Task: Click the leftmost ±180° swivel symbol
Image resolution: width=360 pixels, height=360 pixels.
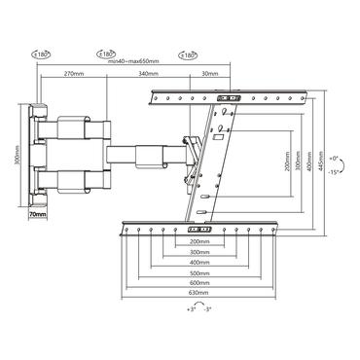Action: click(x=42, y=55)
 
